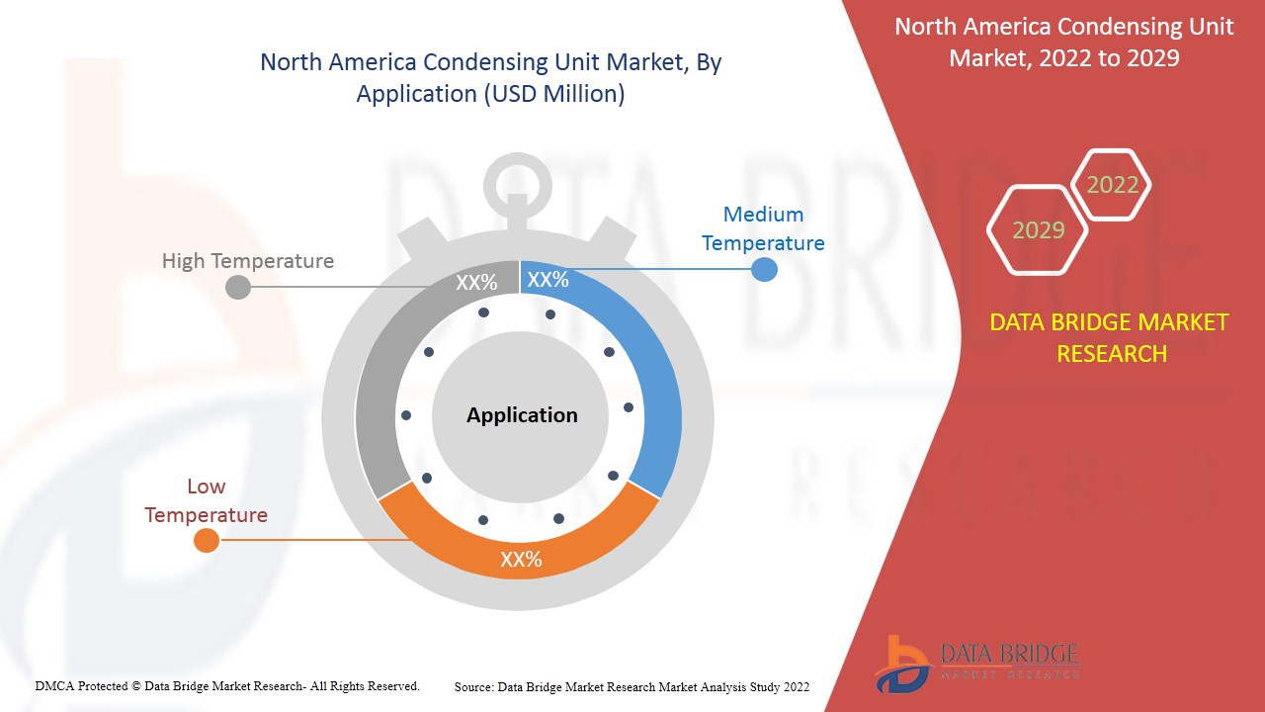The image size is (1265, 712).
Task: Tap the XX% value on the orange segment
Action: click(521, 560)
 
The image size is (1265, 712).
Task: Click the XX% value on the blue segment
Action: click(548, 280)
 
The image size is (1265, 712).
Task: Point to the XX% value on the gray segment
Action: click(476, 283)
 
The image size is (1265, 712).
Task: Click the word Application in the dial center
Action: click(522, 415)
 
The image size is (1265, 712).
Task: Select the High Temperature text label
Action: click(248, 261)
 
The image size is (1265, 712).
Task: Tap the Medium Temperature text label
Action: click(763, 228)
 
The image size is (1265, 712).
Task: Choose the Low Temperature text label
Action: click(206, 500)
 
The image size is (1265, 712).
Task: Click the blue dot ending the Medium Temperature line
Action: click(764, 268)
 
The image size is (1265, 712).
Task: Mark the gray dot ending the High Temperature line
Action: click(238, 288)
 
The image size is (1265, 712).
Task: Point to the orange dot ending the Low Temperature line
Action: click(207, 540)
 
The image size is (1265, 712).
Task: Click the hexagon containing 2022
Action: click(1112, 185)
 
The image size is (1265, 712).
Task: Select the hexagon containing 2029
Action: click(1038, 230)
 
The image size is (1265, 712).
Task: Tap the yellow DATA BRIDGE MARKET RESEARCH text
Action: click(1111, 337)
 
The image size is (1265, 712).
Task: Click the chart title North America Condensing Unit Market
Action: click(490, 77)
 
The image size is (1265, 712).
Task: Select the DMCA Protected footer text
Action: click(227, 685)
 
